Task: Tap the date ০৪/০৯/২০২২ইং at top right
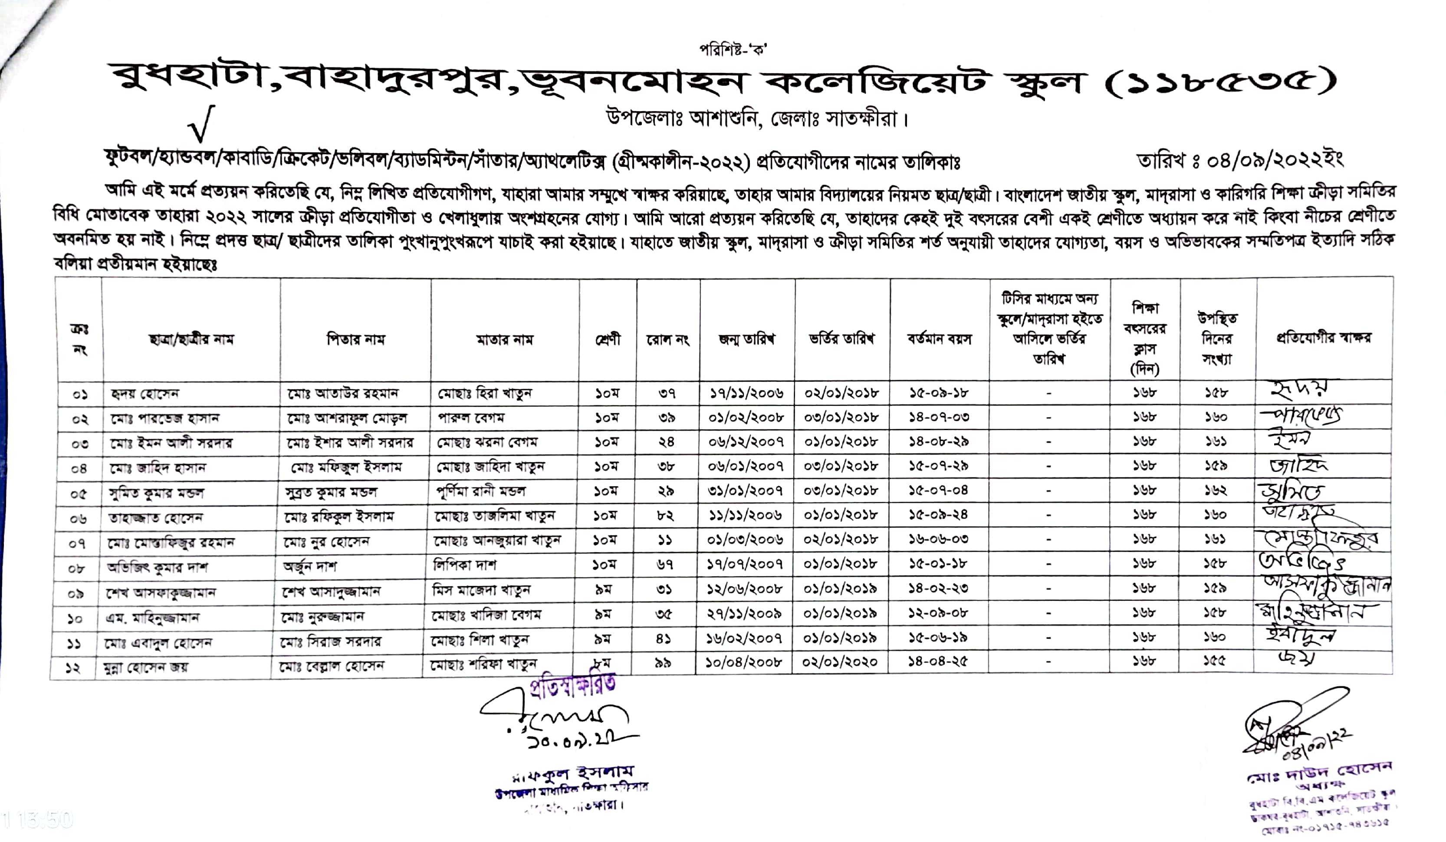click(1240, 160)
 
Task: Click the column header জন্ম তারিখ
click(746, 339)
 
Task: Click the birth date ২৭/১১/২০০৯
click(744, 614)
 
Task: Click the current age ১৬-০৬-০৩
click(939, 539)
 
